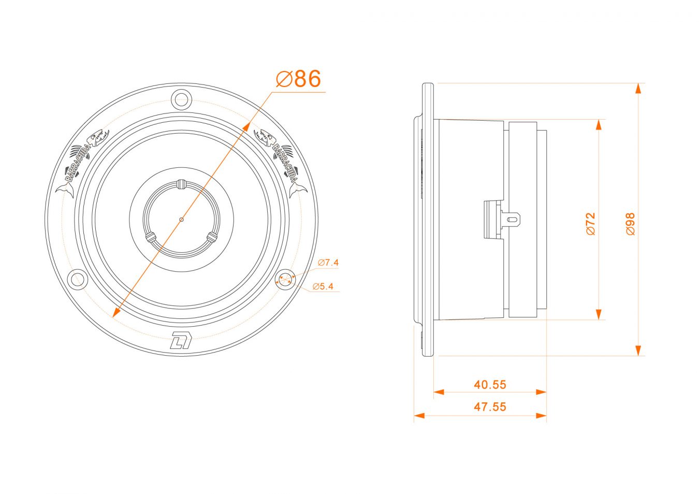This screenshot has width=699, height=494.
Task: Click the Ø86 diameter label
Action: click(299, 79)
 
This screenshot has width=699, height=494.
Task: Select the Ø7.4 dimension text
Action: click(328, 263)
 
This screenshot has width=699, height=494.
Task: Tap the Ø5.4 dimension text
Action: click(323, 286)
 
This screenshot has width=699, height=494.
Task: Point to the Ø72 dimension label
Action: click(591, 223)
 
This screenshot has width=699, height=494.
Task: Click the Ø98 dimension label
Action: click(630, 224)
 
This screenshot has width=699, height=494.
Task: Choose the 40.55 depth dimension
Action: click(490, 385)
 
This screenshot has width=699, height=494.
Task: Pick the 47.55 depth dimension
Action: click(490, 407)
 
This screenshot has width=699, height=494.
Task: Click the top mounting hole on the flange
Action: click(181, 98)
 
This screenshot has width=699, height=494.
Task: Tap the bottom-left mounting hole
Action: click(78, 279)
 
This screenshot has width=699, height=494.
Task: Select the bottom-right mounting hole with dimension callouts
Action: click(285, 279)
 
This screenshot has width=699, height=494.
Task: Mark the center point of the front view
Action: click(181, 219)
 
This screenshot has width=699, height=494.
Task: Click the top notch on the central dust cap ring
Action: click(181, 184)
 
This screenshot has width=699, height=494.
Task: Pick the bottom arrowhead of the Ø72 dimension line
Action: click(599, 314)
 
